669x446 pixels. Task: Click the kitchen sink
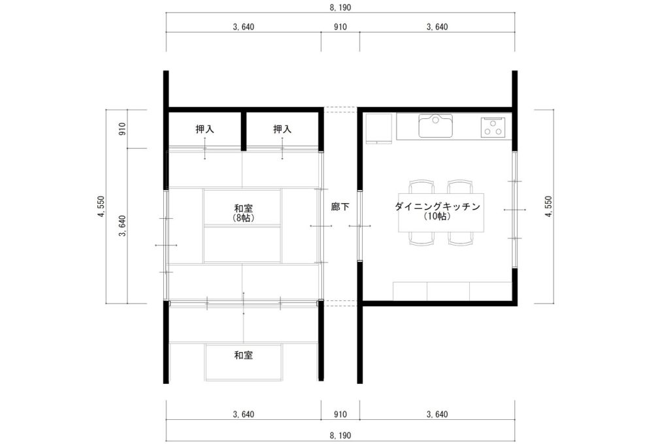point(435,126)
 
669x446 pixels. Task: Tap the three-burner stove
point(493,127)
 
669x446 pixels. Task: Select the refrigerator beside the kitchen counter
point(378,129)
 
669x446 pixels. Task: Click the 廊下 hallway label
point(340,207)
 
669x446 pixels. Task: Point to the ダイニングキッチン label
point(437,206)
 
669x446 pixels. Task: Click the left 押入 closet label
point(204,129)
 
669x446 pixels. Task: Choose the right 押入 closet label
point(282,129)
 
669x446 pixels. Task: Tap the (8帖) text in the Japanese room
point(243,218)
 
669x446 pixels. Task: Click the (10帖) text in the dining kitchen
point(438,216)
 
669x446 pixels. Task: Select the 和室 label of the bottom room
point(243,355)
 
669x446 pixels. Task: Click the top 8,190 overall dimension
point(340,8)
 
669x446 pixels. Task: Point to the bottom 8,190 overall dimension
point(340,436)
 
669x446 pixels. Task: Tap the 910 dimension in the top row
point(340,27)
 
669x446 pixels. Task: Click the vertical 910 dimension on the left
point(122,129)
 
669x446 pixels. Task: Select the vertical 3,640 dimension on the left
point(122,226)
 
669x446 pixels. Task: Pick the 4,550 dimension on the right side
point(548,206)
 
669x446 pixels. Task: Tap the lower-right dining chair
point(461,239)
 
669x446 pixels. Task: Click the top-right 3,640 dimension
point(437,27)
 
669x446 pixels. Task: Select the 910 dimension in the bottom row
point(340,415)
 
